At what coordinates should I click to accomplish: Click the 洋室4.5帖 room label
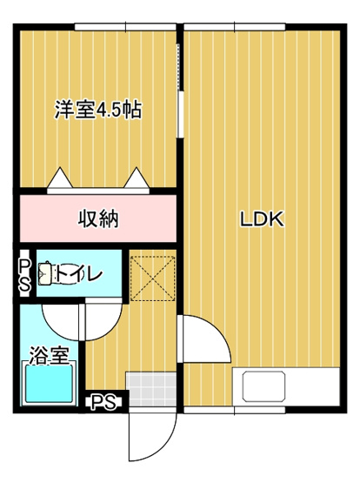(98, 111)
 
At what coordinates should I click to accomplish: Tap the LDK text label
(263, 219)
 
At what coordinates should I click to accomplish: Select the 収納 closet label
(98, 218)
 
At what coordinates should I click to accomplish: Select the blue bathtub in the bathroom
(50, 384)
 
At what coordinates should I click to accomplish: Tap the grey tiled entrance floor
(150, 389)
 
